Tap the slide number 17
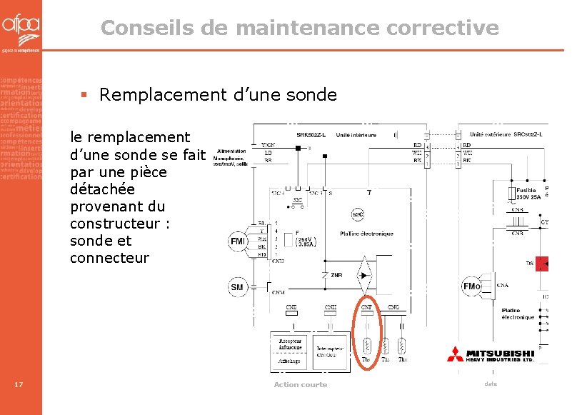click(x=19, y=386)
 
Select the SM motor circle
click(x=237, y=287)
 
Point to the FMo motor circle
click(x=472, y=286)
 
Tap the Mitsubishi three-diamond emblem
click(x=456, y=354)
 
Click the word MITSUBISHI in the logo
click(x=501, y=353)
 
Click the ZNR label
click(x=335, y=274)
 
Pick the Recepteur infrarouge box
click(x=291, y=344)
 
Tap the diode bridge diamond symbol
click(x=367, y=274)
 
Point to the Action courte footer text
click(x=300, y=385)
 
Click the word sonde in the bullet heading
click(x=308, y=95)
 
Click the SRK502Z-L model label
click(x=311, y=135)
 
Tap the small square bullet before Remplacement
click(x=84, y=95)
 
